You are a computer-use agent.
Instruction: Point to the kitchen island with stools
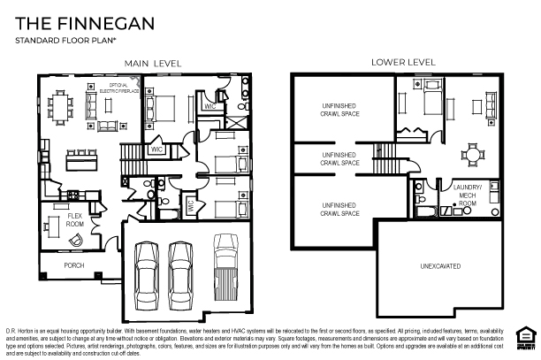pos(83,161)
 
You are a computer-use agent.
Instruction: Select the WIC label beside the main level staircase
pos(156,150)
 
